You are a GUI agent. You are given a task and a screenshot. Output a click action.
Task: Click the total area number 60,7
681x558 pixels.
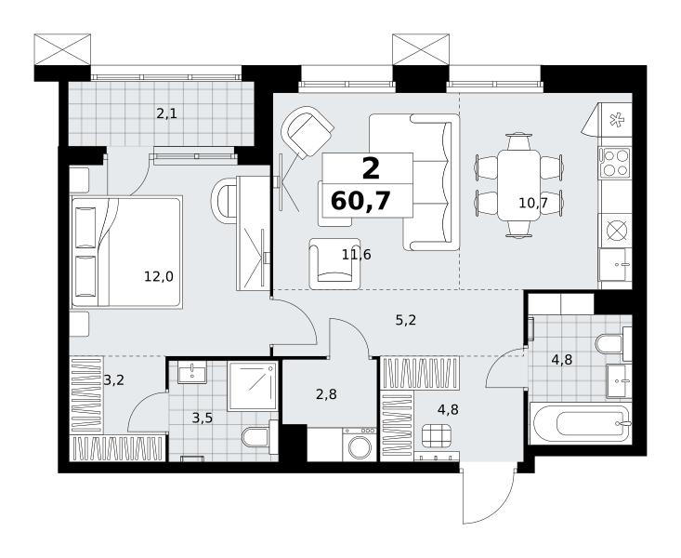click(x=360, y=202)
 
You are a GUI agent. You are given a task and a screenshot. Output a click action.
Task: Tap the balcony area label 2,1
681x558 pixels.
click(x=167, y=114)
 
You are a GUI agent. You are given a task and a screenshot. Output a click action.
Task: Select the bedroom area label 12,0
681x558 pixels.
click(x=159, y=276)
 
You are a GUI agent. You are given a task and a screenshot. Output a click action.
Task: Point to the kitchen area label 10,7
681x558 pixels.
click(x=533, y=203)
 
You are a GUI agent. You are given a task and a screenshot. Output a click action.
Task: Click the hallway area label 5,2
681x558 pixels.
click(x=406, y=321)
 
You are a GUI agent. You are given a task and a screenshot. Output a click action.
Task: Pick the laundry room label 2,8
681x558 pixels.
click(x=326, y=394)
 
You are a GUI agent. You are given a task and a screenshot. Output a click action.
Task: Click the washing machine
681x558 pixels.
click(x=360, y=444)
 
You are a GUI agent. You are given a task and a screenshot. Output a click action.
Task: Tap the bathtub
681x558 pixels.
click(x=581, y=423)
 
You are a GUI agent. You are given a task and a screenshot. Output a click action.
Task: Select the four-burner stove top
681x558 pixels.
click(x=615, y=162)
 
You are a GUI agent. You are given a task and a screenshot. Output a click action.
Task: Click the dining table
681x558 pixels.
click(x=519, y=185)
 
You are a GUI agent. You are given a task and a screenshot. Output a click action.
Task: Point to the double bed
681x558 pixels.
click(x=126, y=252)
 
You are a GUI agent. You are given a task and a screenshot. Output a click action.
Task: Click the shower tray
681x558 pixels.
click(x=253, y=386)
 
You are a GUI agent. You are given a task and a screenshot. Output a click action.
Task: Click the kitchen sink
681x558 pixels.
click(x=615, y=264)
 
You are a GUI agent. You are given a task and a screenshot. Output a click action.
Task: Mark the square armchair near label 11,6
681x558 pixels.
click(x=334, y=263)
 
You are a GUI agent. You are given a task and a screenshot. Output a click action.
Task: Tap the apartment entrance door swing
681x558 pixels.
click(x=490, y=494)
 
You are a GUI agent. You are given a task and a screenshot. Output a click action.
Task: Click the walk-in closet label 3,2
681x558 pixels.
click(x=114, y=380)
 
